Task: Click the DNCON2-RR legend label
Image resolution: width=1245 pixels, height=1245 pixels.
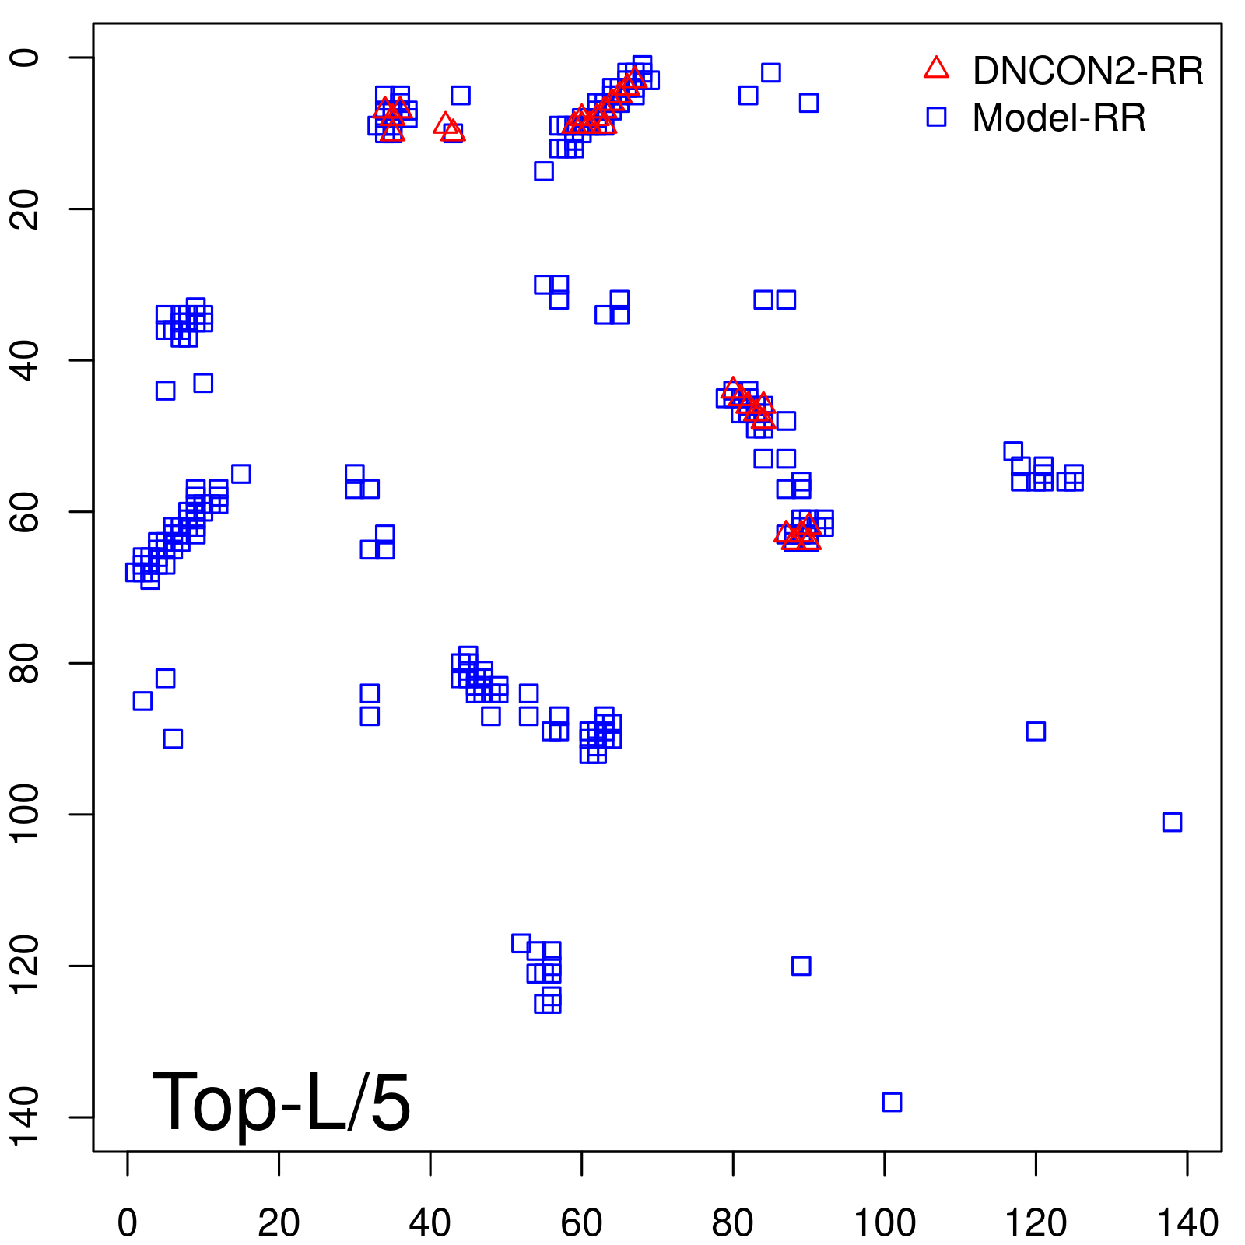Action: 1088,72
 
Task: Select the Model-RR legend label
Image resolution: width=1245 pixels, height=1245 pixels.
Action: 1059,118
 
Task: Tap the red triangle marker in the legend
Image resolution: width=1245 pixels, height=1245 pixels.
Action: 936,68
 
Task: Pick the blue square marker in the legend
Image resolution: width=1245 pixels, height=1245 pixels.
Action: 936,117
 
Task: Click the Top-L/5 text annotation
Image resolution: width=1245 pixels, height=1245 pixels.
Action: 281,1103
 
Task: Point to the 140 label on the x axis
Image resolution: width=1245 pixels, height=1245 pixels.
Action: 1187,1224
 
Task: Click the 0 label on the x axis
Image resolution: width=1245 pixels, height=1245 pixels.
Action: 128,1224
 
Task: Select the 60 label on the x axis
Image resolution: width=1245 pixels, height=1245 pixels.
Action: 581,1224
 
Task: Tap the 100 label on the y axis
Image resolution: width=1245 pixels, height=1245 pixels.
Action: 26,814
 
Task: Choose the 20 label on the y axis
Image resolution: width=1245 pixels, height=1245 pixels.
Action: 26,209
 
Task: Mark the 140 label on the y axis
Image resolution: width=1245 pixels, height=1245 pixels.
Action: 26,1117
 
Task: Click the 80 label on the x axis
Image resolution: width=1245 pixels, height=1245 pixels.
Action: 733,1224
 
